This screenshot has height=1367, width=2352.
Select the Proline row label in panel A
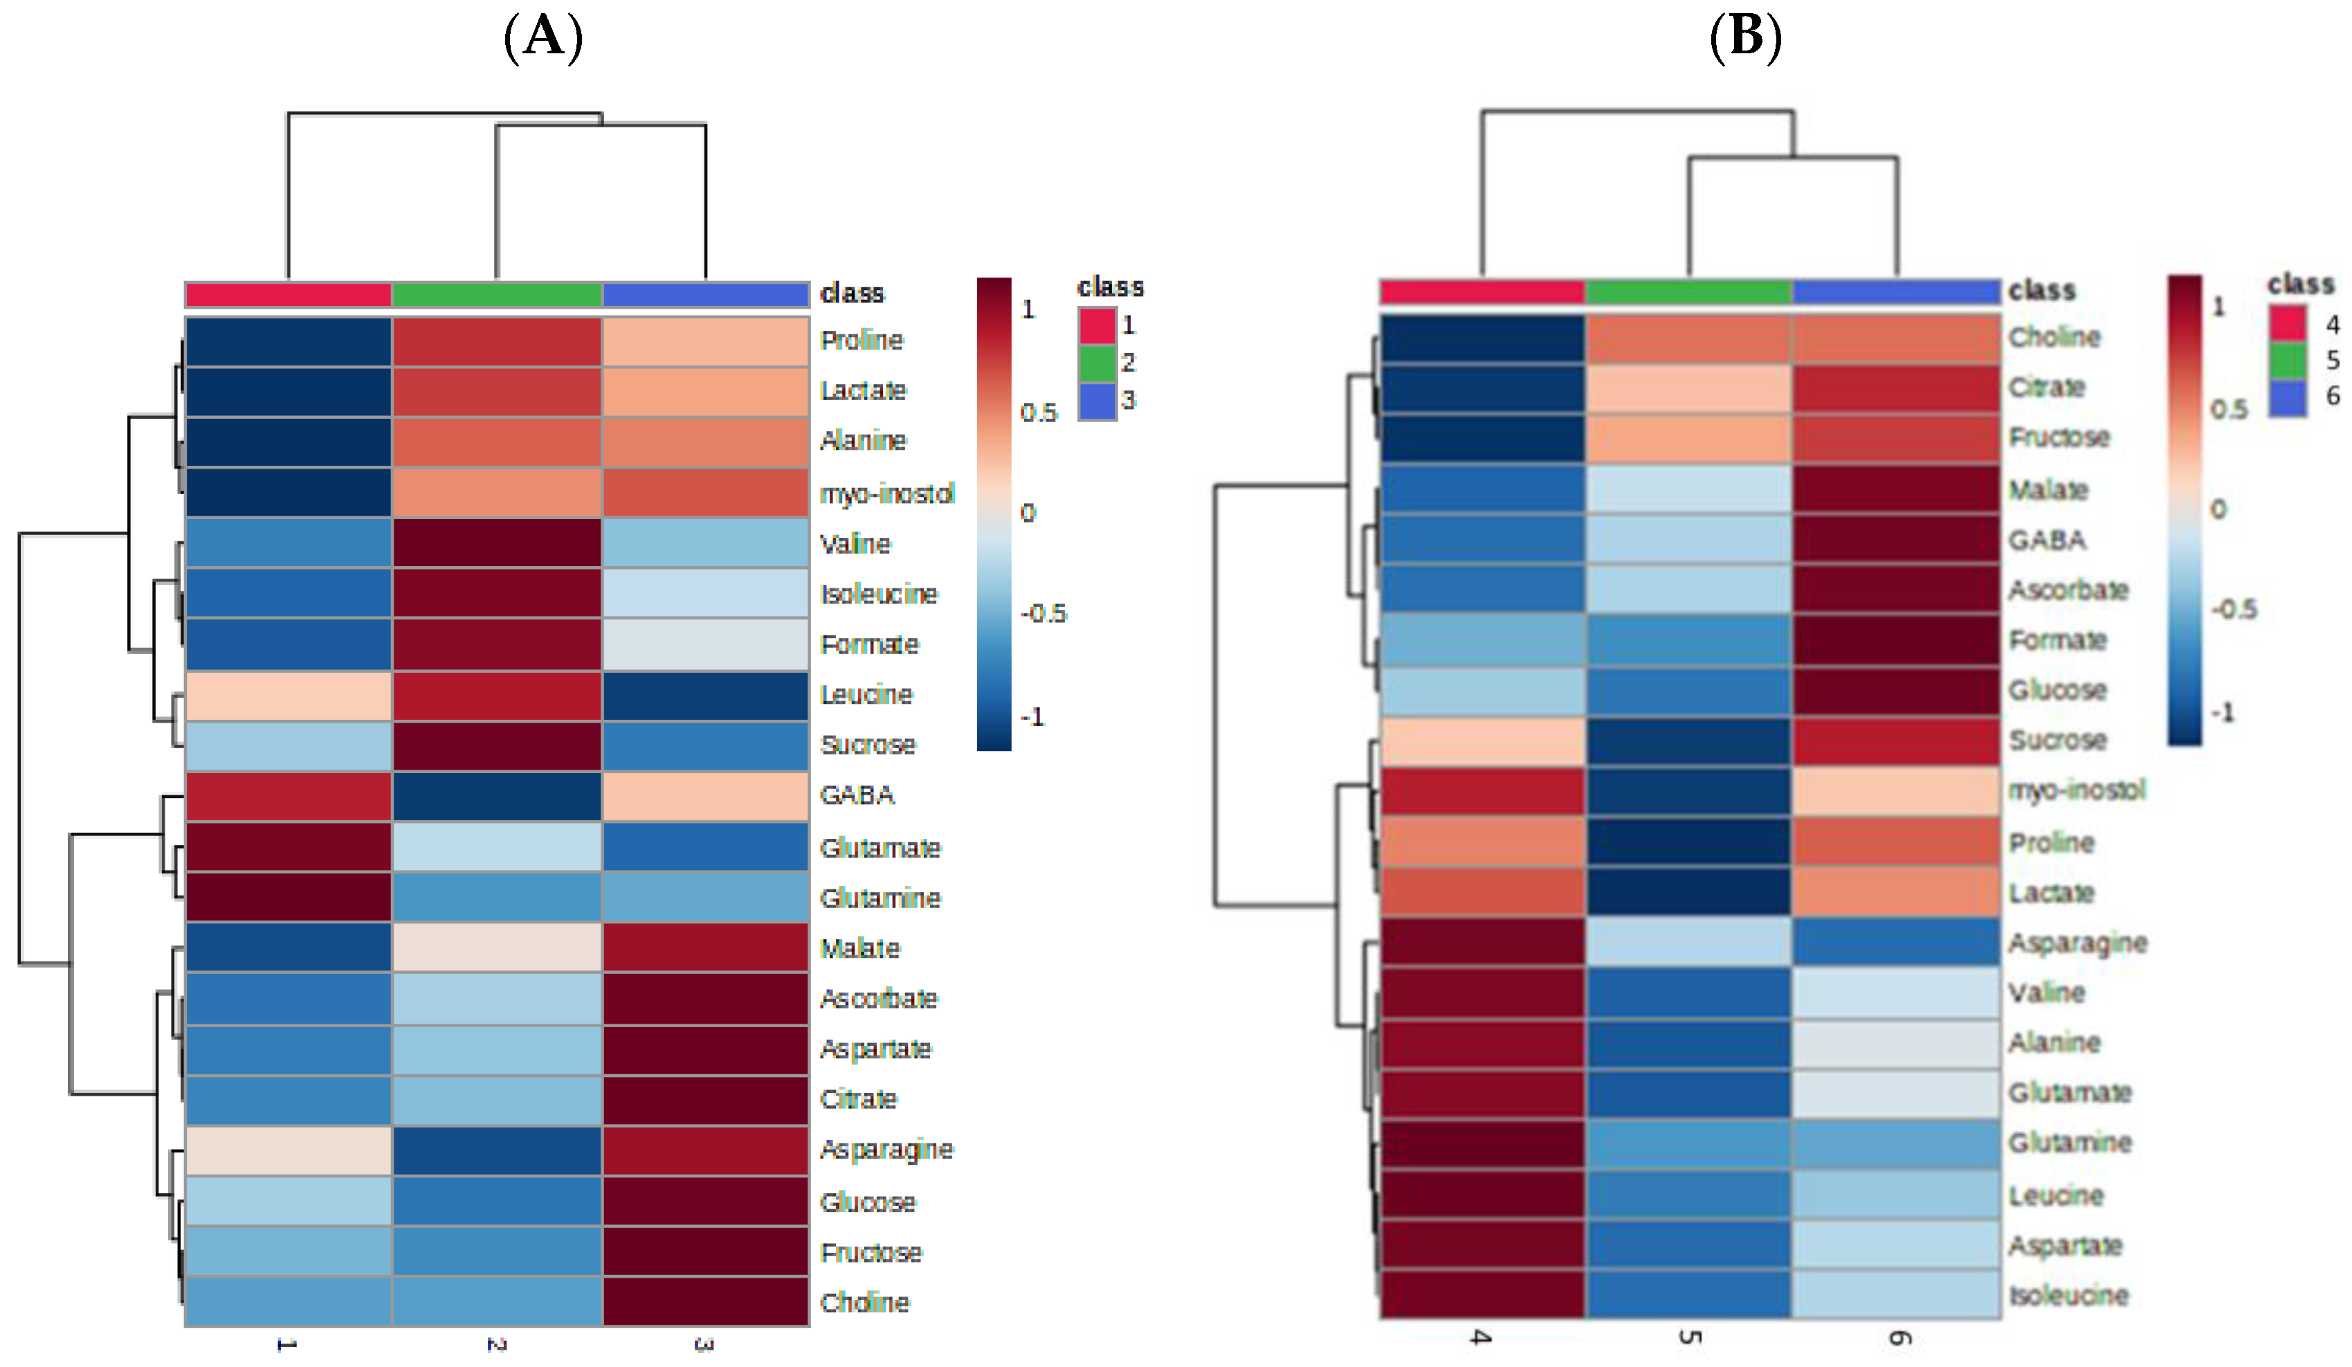click(861, 340)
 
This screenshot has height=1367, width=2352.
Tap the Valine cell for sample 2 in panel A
click(497, 543)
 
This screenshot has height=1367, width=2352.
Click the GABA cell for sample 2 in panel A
click(497, 795)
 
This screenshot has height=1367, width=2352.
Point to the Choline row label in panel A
click(864, 1302)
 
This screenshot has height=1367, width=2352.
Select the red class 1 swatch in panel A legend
click(1097, 325)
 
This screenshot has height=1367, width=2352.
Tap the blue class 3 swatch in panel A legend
click(1097, 401)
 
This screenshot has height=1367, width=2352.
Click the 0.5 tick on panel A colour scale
click(1038, 413)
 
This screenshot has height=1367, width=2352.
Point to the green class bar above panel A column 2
click(497, 294)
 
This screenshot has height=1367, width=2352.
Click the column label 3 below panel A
click(704, 1345)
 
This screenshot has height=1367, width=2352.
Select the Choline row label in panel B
click(2053, 337)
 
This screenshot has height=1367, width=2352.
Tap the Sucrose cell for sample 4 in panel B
click(1482, 741)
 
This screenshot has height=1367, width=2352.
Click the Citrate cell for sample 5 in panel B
click(1688, 388)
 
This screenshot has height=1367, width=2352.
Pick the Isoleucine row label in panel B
click(2068, 1295)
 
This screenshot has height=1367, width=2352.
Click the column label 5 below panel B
click(1688, 1337)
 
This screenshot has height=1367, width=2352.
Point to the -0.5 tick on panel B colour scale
click(2232, 610)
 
